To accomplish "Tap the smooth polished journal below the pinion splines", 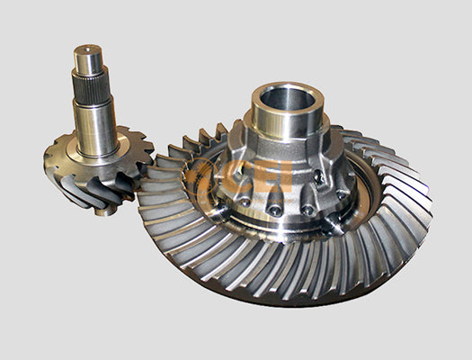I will click(x=95, y=126).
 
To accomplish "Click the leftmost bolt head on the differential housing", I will click(x=236, y=191).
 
